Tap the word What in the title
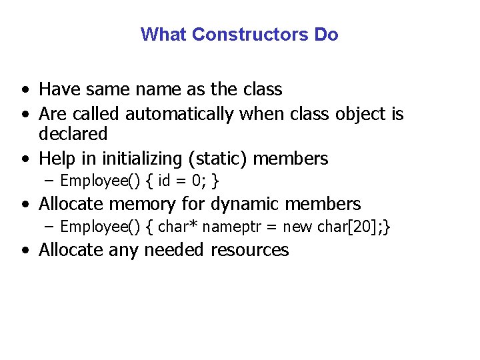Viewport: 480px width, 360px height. click(164, 34)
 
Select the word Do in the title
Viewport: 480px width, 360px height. click(327, 34)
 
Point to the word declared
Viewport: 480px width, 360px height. click(73, 134)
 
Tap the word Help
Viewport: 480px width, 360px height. click(57, 159)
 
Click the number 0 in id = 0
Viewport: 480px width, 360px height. click(199, 181)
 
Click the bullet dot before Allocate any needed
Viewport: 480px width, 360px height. click(24, 251)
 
